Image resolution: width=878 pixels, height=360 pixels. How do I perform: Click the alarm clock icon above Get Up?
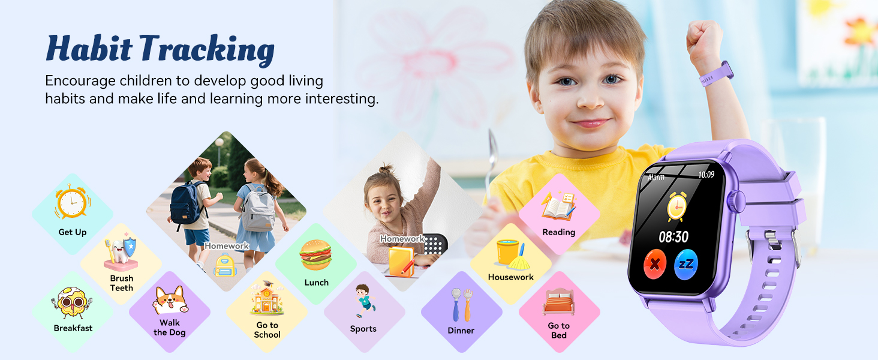click(73, 203)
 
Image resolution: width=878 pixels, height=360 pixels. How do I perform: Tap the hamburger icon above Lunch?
click(315, 255)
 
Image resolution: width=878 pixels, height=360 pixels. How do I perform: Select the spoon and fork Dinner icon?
click(461, 304)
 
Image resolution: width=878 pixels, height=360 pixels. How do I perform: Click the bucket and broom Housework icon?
click(510, 254)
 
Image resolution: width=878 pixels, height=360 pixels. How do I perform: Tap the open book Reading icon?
click(558, 206)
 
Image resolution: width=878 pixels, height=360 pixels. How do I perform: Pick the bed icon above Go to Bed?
click(558, 302)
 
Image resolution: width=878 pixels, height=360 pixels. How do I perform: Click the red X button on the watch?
click(655, 265)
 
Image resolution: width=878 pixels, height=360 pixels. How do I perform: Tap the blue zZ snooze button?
click(686, 265)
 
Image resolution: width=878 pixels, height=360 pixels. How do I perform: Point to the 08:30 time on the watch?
click(673, 237)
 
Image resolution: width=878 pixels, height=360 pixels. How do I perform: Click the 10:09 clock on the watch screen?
click(706, 175)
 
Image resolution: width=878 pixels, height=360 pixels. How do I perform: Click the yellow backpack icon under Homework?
click(225, 265)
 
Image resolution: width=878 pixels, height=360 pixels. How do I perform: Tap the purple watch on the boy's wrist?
click(717, 73)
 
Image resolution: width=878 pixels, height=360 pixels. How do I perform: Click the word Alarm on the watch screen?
click(656, 178)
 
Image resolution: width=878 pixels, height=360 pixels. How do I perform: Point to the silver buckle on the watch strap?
click(794, 248)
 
